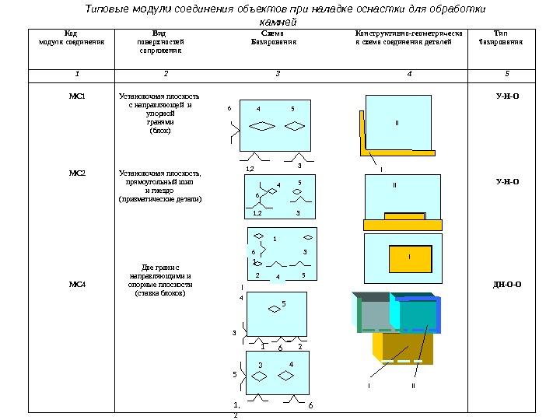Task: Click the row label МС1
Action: [76, 96]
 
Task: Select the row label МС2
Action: [76, 173]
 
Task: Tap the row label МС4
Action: [76, 285]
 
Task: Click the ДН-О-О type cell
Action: [507, 285]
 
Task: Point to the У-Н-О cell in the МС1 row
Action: [507, 96]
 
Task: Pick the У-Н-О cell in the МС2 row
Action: [507, 182]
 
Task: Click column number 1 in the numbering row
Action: [76, 75]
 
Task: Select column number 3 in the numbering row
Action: [278, 75]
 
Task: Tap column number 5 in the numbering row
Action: [506, 75]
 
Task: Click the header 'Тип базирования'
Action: [500, 38]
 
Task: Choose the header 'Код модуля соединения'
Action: [72, 38]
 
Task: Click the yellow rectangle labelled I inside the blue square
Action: [409, 257]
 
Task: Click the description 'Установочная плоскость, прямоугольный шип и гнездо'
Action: [159, 186]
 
